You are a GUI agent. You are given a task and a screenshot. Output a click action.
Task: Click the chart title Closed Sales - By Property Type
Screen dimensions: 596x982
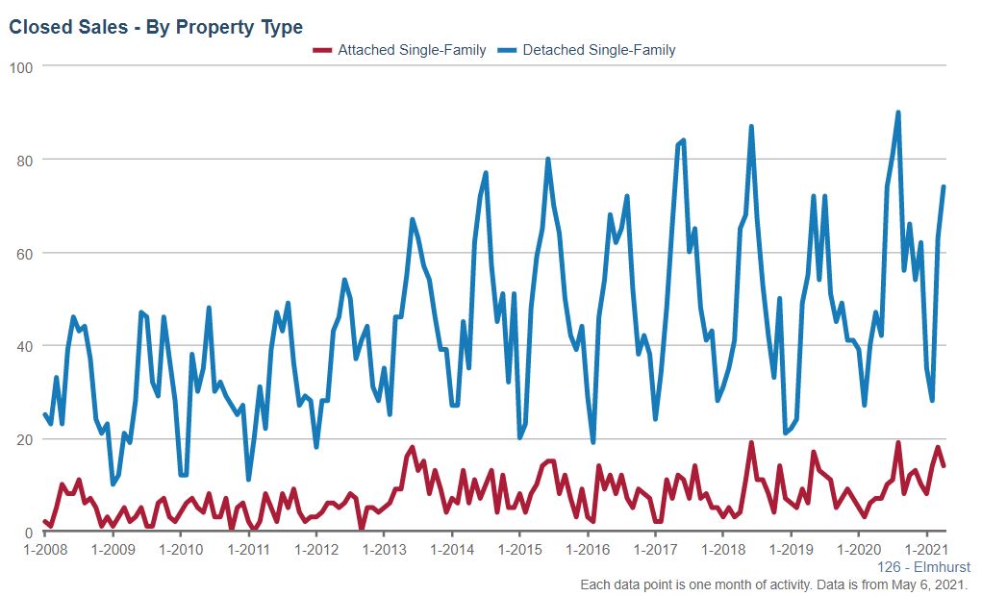click(x=156, y=27)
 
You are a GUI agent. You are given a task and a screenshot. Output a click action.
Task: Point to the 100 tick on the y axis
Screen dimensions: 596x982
click(x=23, y=66)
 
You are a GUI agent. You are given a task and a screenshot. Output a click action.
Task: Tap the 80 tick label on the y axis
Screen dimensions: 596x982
click(x=27, y=160)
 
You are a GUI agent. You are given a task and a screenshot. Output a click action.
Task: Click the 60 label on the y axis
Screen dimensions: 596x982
click(x=27, y=253)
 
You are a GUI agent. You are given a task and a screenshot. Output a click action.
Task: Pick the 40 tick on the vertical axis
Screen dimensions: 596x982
click(x=27, y=346)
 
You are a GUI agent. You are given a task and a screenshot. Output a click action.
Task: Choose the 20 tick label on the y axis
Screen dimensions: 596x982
click(x=27, y=439)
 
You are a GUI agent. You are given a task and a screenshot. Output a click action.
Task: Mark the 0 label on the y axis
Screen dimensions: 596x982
click(x=31, y=533)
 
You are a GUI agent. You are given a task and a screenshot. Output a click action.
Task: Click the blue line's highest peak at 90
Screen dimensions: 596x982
click(x=898, y=112)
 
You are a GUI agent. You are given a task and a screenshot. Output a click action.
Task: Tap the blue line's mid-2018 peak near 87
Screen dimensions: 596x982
click(x=751, y=127)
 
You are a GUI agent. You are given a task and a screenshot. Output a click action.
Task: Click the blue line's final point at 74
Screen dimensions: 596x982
click(x=944, y=186)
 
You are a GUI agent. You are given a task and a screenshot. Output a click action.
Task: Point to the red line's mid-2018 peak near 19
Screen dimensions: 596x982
click(x=751, y=443)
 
